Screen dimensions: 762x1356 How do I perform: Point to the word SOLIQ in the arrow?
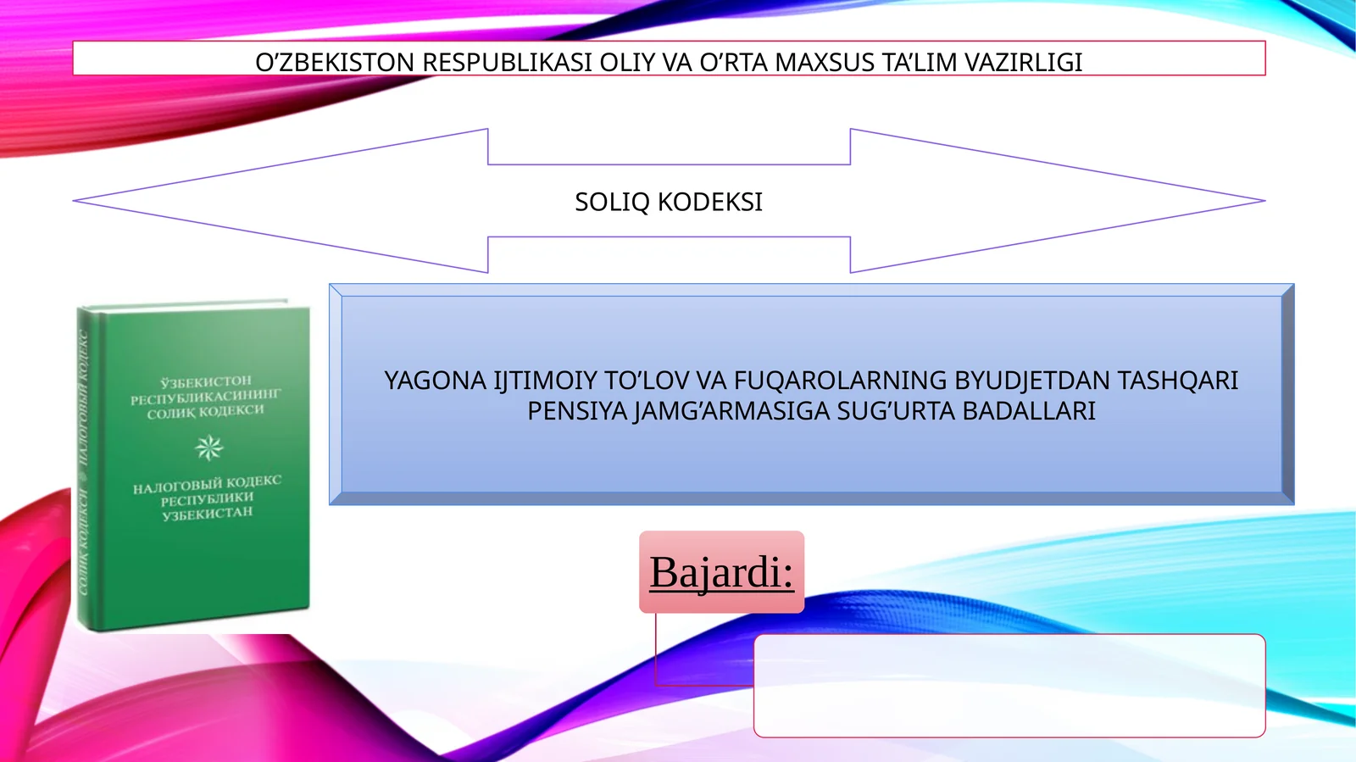click(613, 202)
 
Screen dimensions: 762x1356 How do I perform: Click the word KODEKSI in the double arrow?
click(710, 202)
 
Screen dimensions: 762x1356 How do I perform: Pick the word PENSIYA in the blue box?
click(577, 411)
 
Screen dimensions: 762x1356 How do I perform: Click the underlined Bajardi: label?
click(721, 572)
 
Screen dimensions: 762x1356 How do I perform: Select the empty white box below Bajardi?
click(1009, 685)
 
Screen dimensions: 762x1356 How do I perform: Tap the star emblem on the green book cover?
click(208, 447)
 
